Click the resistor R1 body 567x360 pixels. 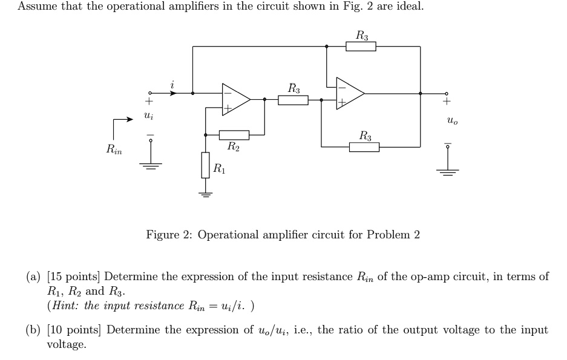(206, 165)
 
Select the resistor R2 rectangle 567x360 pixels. (234, 134)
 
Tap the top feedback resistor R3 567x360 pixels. (361, 47)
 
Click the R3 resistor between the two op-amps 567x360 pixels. (293, 100)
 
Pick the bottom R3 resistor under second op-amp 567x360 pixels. (364, 146)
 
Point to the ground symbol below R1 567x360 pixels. (206, 194)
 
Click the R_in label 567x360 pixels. (114, 149)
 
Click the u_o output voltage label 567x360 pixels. (452, 121)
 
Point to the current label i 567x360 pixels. (172, 85)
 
